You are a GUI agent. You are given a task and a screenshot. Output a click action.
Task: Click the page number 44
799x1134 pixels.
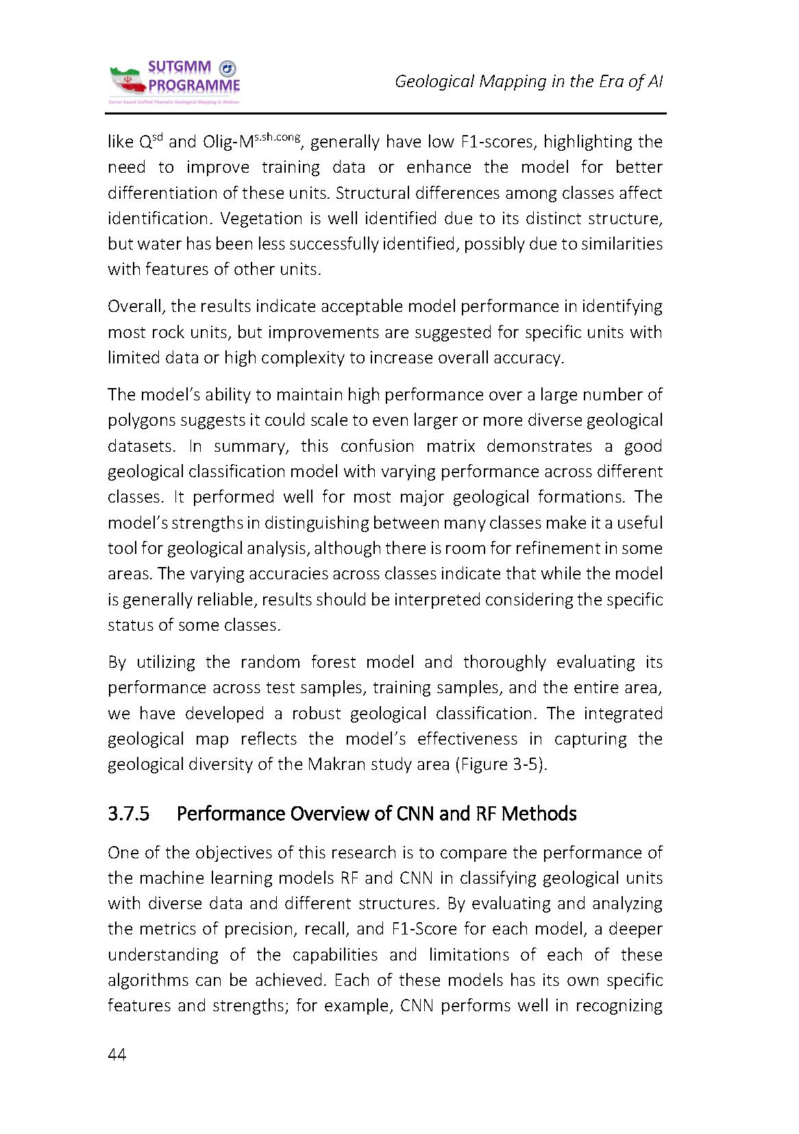[x=117, y=1055]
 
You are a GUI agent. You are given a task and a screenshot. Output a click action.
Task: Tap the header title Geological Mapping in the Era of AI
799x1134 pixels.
[x=528, y=82]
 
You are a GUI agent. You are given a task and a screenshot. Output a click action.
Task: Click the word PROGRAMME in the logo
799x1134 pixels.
[x=195, y=86]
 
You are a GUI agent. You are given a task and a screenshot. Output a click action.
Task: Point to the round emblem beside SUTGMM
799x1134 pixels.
[x=227, y=68]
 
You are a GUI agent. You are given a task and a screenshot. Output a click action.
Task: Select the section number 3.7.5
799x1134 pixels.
[x=129, y=814]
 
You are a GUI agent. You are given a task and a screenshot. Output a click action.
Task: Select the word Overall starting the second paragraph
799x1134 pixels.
[x=134, y=306]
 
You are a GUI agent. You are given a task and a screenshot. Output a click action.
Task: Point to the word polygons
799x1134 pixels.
[x=140, y=420]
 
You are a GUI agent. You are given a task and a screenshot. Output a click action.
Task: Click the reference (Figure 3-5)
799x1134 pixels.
[x=502, y=764]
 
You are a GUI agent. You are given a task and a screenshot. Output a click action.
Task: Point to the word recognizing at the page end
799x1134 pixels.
[x=619, y=1006]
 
